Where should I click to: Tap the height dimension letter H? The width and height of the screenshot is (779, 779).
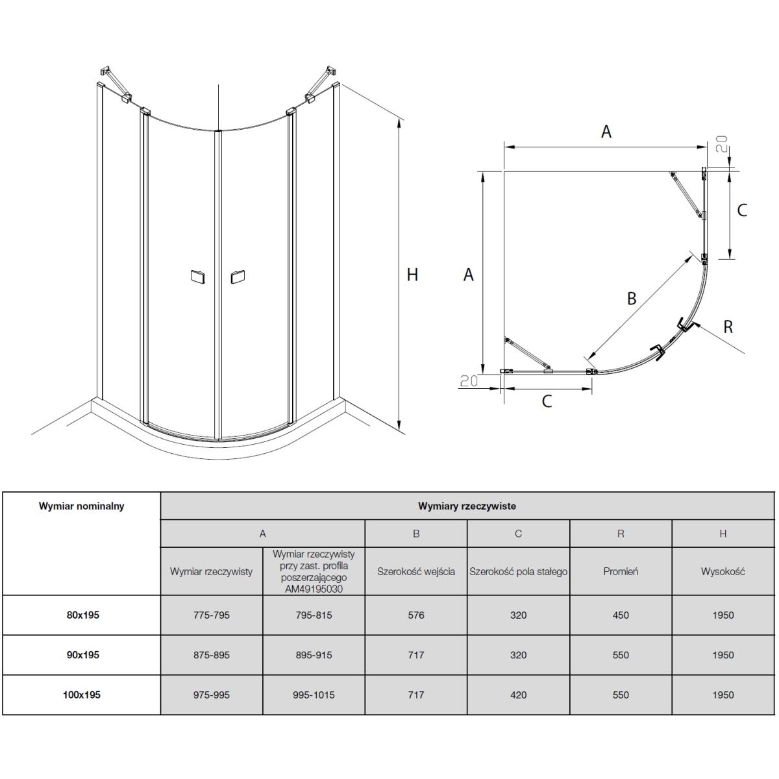coord(412,275)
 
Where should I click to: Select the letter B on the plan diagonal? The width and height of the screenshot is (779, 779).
coord(631,299)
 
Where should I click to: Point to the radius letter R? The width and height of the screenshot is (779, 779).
coord(728,327)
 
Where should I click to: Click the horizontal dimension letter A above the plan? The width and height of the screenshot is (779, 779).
coord(606,132)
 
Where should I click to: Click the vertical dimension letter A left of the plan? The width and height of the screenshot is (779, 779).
coord(468,275)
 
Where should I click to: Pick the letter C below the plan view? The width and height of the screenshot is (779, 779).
coord(547,401)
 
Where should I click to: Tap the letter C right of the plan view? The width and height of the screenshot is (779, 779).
coord(742,210)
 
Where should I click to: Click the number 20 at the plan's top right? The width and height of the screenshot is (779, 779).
coord(722,144)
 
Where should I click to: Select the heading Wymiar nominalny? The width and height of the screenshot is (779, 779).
coord(82,506)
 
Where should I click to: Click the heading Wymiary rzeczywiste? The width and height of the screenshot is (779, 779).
coord(467,506)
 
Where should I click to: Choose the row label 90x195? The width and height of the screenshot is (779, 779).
coord(82,655)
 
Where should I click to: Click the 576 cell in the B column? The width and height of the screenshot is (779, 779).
coord(416,615)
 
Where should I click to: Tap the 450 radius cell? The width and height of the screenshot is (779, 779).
coord(621,615)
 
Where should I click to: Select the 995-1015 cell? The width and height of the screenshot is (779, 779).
coord(314,695)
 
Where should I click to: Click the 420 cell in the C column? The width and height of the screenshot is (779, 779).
coord(518,695)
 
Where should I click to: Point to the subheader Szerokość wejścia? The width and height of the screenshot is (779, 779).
coord(416,572)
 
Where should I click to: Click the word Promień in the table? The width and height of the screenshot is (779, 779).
coord(621,572)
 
